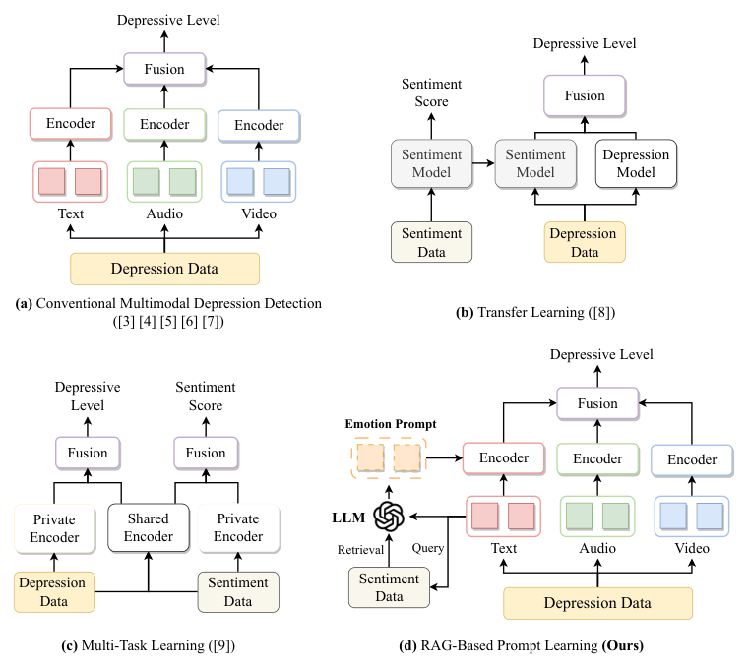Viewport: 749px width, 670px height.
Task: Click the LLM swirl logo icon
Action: pyautogui.click(x=389, y=517)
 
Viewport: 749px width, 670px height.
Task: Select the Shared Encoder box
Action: pyautogui.click(x=149, y=527)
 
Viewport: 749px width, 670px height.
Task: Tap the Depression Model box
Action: pyautogui.click(x=636, y=163)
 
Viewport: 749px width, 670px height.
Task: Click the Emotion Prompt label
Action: pyautogui.click(x=391, y=424)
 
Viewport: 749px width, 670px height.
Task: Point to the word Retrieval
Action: pyautogui.click(x=360, y=550)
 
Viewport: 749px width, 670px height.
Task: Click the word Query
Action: pyautogui.click(x=428, y=548)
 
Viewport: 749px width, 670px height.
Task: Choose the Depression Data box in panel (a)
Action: pyautogui.click(x=164, y=269)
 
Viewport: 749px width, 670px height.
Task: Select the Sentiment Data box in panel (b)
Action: pyautogui.click(x=431, y=242)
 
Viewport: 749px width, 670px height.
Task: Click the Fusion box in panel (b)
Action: pyautogui.click(x=585, y=95)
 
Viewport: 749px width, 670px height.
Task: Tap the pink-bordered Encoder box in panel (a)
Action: pyautogui.click(x=71, y=124)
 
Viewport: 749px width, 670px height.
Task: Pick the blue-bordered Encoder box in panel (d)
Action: pyautogui.click(x=692, y=459)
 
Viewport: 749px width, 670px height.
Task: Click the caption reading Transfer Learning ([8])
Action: pyautogui.click(x=535, y=312)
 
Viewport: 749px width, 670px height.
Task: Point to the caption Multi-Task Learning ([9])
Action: pyautogui.click(x=148, y=645)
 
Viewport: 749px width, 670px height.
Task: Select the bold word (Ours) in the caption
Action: pyautogui.click(x=622, y=645)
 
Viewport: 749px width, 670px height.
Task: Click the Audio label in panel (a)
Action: pyautogui.click(x=164, y=213)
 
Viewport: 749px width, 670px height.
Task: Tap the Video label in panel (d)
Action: pyautogui.click(x=692, y=548)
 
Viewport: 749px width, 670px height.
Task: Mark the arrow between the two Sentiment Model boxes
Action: pyautogui.click(x=483, y=163)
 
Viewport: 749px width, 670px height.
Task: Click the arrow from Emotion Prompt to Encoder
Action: pyautogui.click(x=445, y=458)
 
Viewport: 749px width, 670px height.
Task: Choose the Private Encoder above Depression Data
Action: pyautogui.click(x=54, y=528)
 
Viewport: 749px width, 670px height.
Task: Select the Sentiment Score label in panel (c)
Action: pyautogui.click(x=206, y=396)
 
